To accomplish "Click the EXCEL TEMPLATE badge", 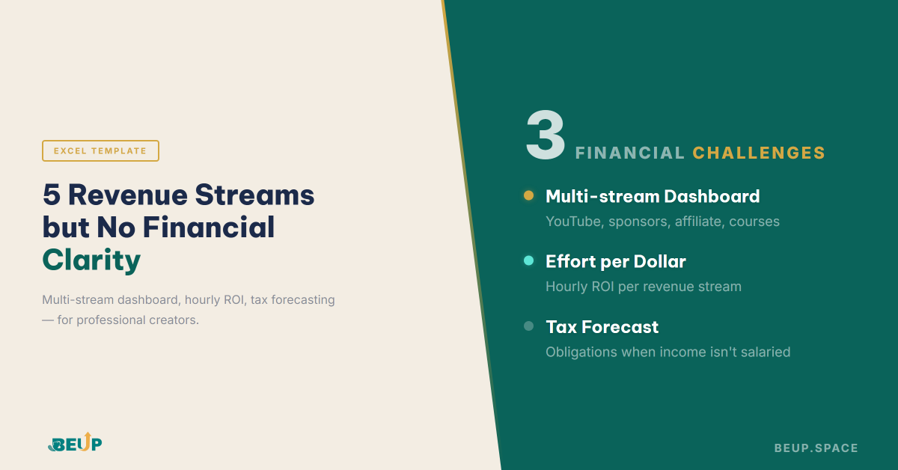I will click(x=100, y=150).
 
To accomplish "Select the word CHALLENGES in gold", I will click(x=758, y=153).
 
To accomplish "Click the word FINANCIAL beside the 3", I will click(x=629, y=153).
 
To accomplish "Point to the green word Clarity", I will click(x=91, y=260).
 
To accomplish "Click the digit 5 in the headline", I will click(x=52, y=195).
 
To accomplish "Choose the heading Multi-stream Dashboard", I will click(x=652, y=196).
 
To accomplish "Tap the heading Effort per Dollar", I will click(x=615, y=261).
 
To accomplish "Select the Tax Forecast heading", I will click(x=602, y=326).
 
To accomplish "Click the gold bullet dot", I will click(x=528, y=195).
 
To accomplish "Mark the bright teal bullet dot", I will click(x=528, y=260).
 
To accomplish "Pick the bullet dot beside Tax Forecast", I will click(x=528, y=326).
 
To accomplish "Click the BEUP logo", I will click(x=74, y=442).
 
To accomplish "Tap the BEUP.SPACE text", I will click(x=816, y=448).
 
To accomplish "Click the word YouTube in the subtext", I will click(x=573, y=222).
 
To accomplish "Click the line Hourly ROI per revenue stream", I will click(x=643, y=287).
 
